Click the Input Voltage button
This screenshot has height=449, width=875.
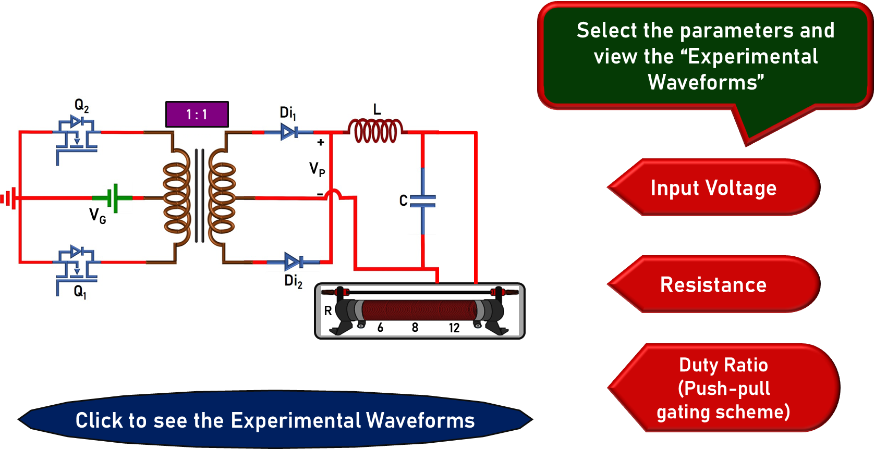coord(713,188)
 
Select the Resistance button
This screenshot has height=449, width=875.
coord(713,285)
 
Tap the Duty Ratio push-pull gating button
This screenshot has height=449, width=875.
coord(723,388)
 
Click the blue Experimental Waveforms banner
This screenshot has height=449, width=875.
coord(275,420)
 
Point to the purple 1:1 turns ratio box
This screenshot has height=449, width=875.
coord(197,115)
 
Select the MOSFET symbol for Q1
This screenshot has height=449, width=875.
coord(76,266)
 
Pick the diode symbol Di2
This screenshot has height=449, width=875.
coord(293,261)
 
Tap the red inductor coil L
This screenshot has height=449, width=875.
coord(375,131)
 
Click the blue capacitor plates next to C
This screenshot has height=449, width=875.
coord(422,201)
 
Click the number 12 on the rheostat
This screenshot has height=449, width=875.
coord(454,328)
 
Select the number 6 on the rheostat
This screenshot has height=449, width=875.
coord(380,328)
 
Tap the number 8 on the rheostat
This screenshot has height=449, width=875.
coord(415,328)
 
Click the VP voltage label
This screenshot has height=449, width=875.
coord(317,169)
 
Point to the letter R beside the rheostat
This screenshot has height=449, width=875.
coord(328,311)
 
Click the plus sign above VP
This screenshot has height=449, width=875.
coord(321,142)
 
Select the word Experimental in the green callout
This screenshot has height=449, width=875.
coord(752,56)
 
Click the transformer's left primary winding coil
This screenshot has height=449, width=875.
coord(177,198)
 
